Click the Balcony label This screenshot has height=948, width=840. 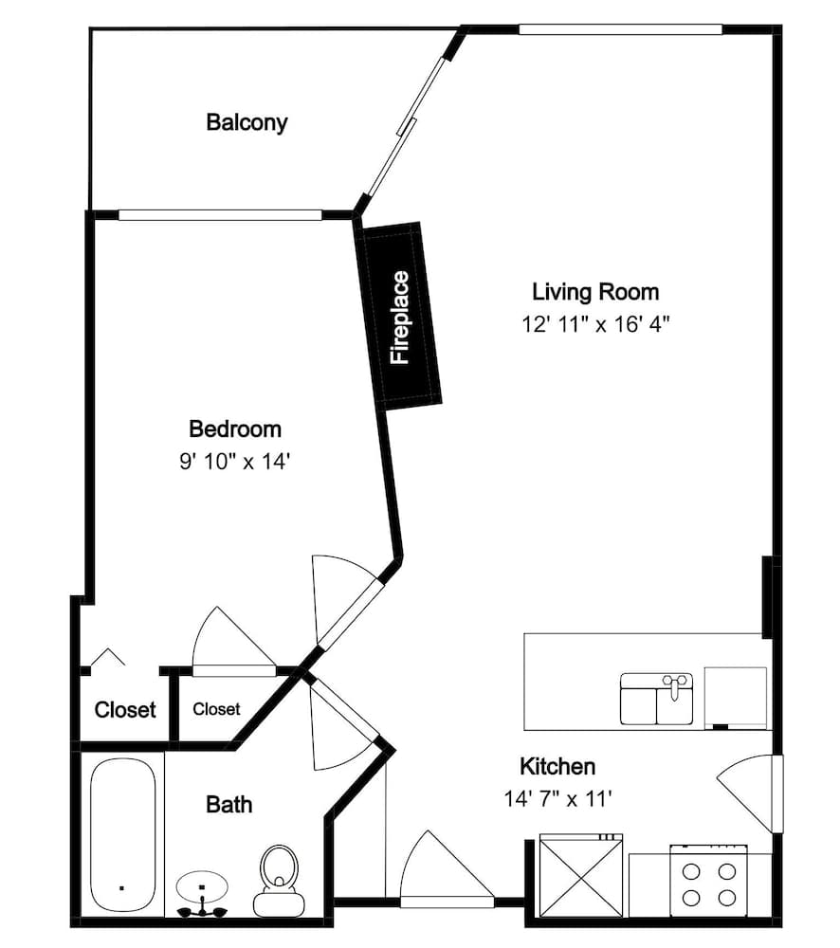pos(247,122)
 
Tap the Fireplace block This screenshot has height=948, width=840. pos(398,316)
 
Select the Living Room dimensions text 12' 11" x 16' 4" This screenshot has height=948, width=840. pos(595,324)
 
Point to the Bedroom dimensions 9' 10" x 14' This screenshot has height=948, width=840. pos(235,462)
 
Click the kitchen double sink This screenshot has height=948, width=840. pos(657,699)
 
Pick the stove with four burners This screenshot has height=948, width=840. pos(709,881)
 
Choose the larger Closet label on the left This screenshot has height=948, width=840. pos(125,709)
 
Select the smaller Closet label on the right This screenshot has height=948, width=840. pos(216,708)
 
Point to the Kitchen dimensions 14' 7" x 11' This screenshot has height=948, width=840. pos(558,799)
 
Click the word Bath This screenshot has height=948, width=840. pos(229,805)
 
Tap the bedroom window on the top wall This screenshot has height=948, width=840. pos(220,214)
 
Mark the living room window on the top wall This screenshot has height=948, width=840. pos(620,29)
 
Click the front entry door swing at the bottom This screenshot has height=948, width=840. pos(447,870)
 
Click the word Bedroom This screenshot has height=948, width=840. pos(235,429)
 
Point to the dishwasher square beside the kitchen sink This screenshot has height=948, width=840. pos(736,699)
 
